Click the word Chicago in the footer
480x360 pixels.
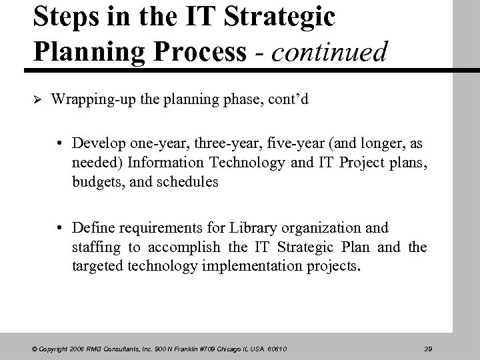point(224,348)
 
